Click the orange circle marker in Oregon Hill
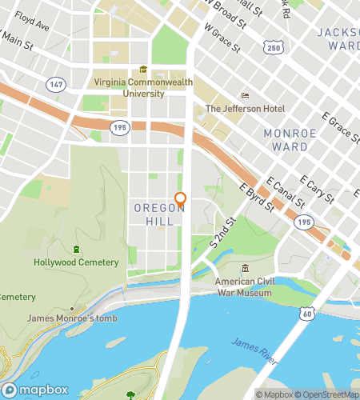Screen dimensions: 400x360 [x=180, y=198]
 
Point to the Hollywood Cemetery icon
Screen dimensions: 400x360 [x=76, y=250]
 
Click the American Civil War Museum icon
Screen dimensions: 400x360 [x=244, y=269]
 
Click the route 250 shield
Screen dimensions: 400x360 [x=274, y=49]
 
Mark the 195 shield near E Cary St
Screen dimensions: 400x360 [x=302, y=221]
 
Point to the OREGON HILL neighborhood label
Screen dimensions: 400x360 [x=158, y=214]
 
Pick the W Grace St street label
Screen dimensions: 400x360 [x=222, y=37]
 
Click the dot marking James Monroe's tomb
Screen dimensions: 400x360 [x=72, y=308]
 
